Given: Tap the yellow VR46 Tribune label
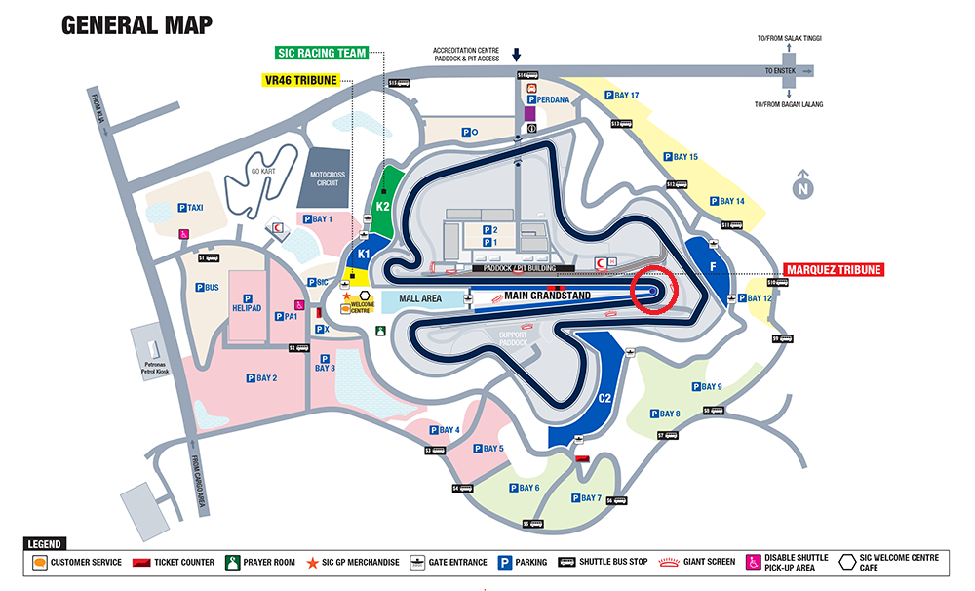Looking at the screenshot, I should [x=299, y=80].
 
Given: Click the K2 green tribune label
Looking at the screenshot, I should [x=383, y=206].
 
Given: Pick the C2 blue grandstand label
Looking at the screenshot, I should [x=604, y=398].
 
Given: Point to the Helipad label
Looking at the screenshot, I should [x=247, y=308].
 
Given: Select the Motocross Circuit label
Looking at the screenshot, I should [x=328, y=178].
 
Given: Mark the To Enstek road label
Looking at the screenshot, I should [x=780, y=71].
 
